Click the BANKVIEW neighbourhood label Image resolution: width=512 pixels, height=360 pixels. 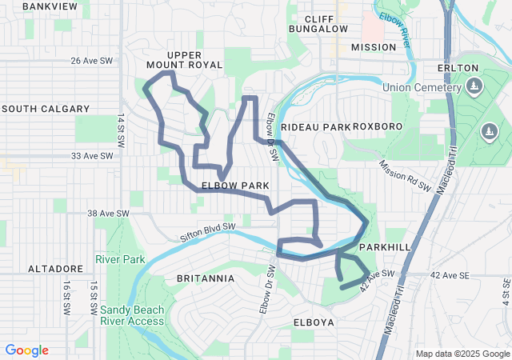pyautogui.click(x=50, y=6)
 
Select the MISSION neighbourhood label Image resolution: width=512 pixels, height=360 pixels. pyautogui.click(x=374, y=47)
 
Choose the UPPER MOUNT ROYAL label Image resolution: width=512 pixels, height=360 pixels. pyautogui.click(x=174, y=60)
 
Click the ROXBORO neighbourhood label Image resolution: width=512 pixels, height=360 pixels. pyautogui.click(x=377, y=126)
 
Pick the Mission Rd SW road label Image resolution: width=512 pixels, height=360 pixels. pyautogui.click(x=405, y=177)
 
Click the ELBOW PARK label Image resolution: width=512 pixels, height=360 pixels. pyautogui.click(x=234, y=186)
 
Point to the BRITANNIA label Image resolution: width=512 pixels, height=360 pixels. pyautogui.click(x=206, y=278)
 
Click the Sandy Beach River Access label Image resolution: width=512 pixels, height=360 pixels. pyautogui.click(x=133, y=315)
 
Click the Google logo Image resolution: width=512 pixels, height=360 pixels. pyautogui.click(x=27, y=350)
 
